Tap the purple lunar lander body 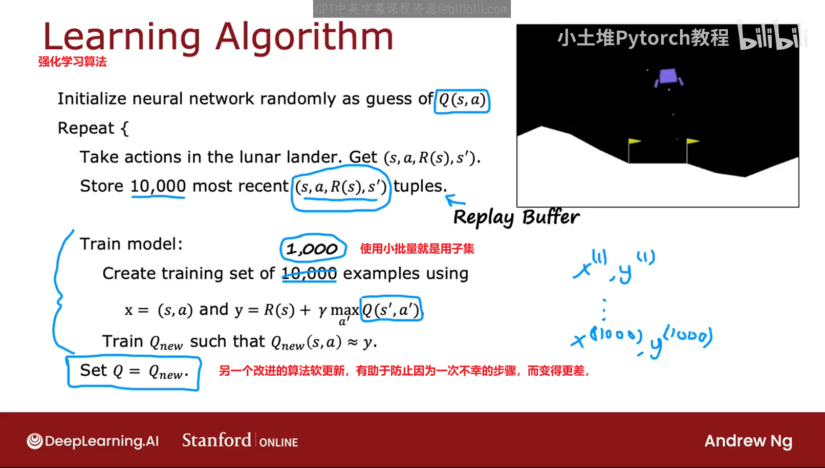coord(668,77)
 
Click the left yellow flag coord(634,141)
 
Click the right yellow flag coord(692,141)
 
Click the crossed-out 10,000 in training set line coord(309,274)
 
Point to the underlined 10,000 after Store coord(158,186)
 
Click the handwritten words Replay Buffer coord(516,217)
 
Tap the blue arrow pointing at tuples coord(455,200)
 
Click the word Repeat coord(86,128)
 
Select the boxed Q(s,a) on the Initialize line coord(462,100)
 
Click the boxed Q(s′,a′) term coord(391,309)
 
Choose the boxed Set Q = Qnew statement coord(134,372)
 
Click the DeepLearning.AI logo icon coord(35,441)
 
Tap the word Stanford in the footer coord(216,440)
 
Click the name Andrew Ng coord(748,441)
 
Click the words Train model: coord(131,244)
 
